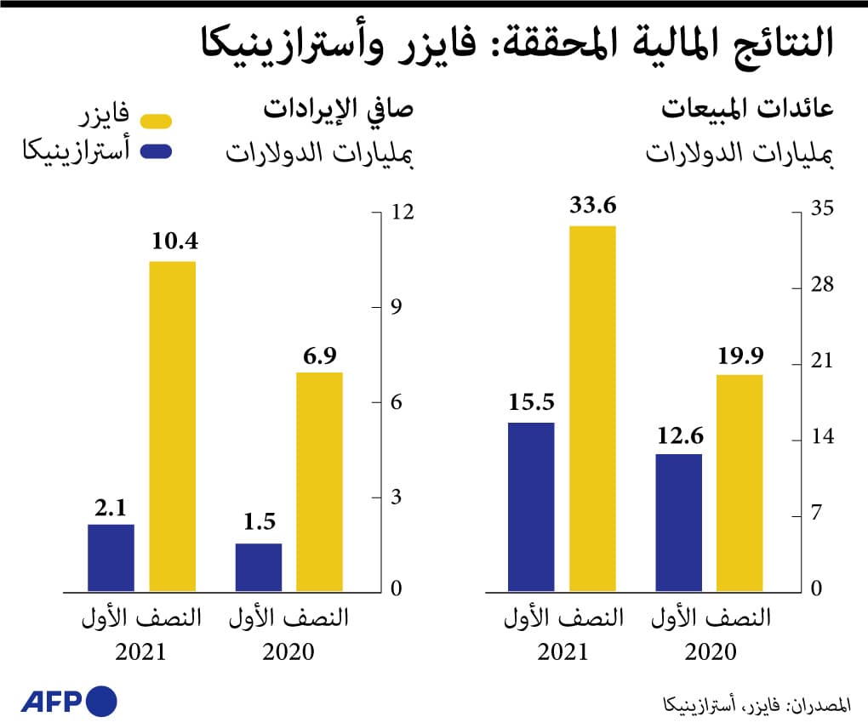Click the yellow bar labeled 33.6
click(x=592, y=408)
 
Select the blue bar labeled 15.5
click(x=531, y=506)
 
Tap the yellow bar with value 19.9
click(x=740, y=482)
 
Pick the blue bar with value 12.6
click(x=679, y=522)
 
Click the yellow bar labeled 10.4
click(x=173, y=425)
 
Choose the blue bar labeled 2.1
click(x=111, y=557)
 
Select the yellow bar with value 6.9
click(x=320, y=481)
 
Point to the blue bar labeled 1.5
click(x=259, y=566)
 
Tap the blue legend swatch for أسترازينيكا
click(x=157, y=152)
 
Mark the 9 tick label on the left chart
click(x=396, y=307)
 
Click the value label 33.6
click(x=592, y=207)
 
